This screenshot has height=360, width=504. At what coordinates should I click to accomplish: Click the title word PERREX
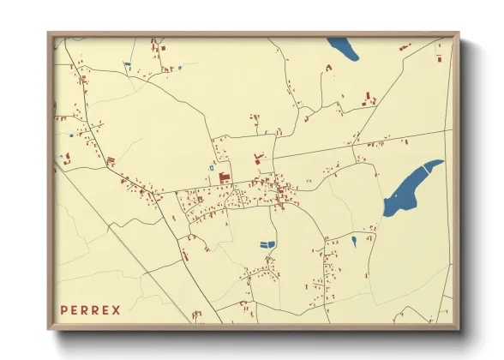click(90, 309)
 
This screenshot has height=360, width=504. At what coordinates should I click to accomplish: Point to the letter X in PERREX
click(116, 309)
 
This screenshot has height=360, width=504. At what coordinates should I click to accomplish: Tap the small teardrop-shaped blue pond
click(353, 241)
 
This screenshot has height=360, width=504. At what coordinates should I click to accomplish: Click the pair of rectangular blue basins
click(268, 244)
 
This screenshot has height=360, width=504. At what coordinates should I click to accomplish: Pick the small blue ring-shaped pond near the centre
click(211, 166)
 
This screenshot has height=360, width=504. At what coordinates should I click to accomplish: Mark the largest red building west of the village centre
click(225, 177)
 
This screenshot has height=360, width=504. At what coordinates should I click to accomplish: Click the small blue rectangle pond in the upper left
click(127, 63)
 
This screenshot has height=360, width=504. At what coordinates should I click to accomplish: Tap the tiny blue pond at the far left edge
click(71, 135)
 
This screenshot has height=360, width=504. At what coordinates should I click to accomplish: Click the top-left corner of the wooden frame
click(49, 34)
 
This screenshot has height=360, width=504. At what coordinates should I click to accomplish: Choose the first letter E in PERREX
click(75, 309)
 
